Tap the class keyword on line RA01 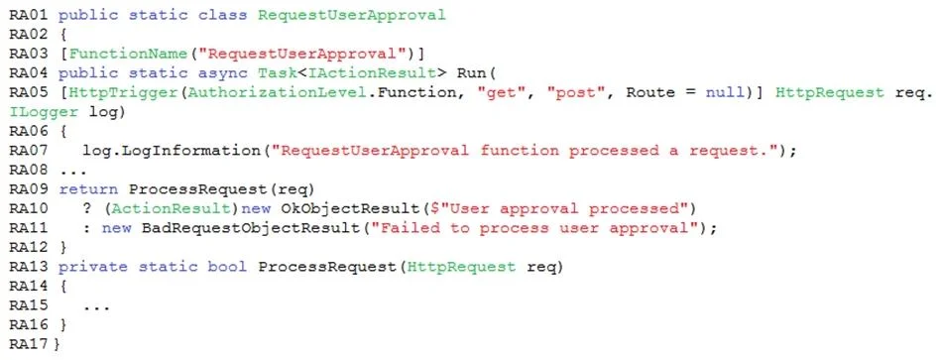coord(223,15)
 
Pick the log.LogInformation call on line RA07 coord(173,151)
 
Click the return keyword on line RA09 coord(88,189)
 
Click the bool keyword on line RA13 coord(228,267)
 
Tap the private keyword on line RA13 coord(93,267)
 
